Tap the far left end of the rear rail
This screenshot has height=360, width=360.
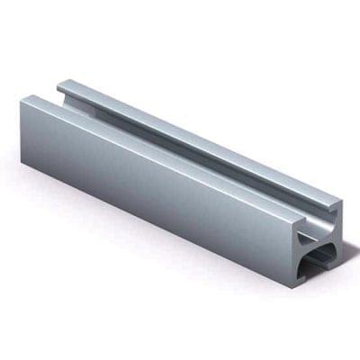tap(60, 88)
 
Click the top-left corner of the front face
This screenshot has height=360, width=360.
tap(22, 102)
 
